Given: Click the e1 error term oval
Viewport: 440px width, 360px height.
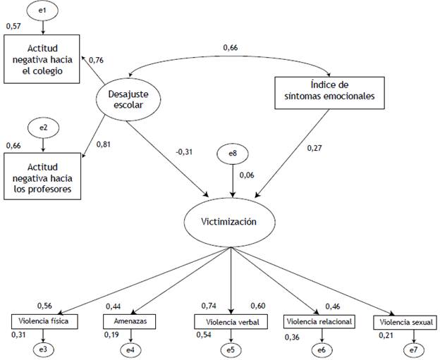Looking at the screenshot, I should coord(44,12).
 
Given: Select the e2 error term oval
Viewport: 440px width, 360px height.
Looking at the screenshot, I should coord(44,129).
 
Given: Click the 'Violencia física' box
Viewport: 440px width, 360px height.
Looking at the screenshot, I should coord(44,322).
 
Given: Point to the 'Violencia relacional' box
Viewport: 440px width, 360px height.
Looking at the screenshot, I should coord(317,322).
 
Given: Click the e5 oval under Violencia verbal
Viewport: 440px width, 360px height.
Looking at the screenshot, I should coord(231,349).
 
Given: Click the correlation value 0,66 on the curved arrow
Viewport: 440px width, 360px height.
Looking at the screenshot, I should coord(231,47).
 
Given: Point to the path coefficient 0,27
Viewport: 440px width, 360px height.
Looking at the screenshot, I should coord(314,148).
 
